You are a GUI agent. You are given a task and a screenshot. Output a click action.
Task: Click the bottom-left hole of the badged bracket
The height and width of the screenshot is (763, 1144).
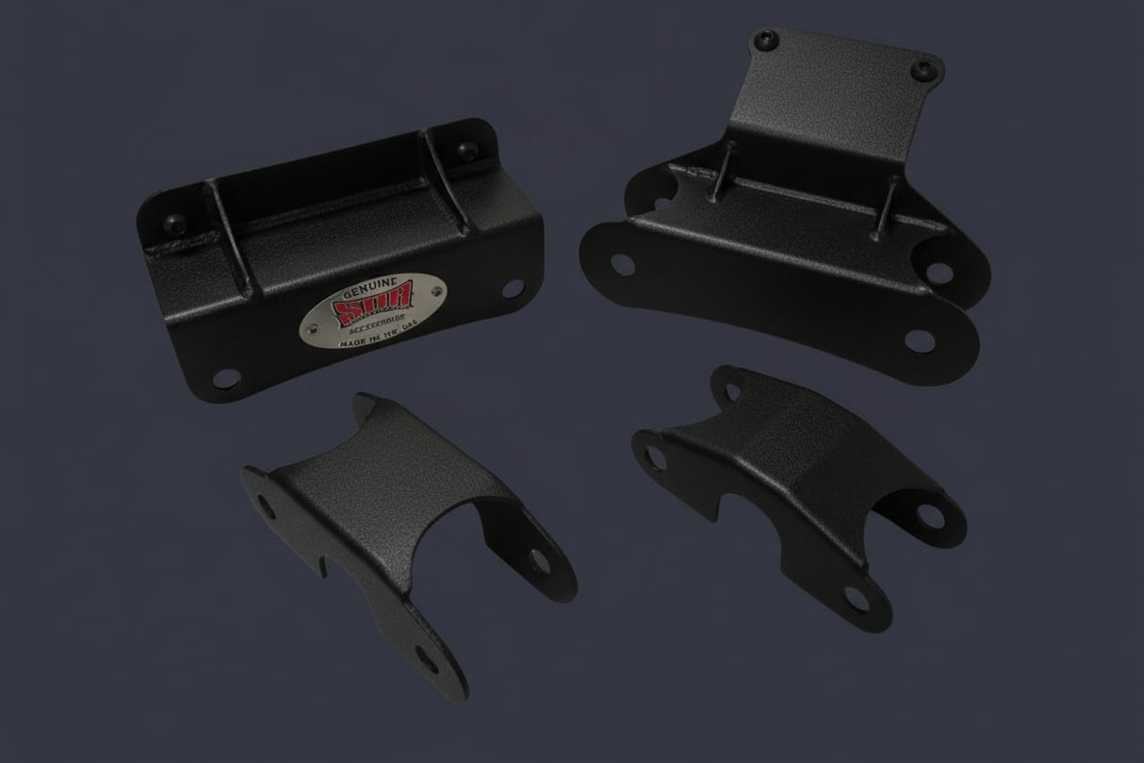224,378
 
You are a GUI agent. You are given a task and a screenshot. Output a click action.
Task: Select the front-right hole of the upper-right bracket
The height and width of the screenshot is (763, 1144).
917,339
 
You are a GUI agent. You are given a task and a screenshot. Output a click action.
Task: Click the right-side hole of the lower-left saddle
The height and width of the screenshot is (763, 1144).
541,560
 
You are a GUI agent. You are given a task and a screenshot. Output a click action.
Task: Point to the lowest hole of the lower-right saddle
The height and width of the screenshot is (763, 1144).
856,597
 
